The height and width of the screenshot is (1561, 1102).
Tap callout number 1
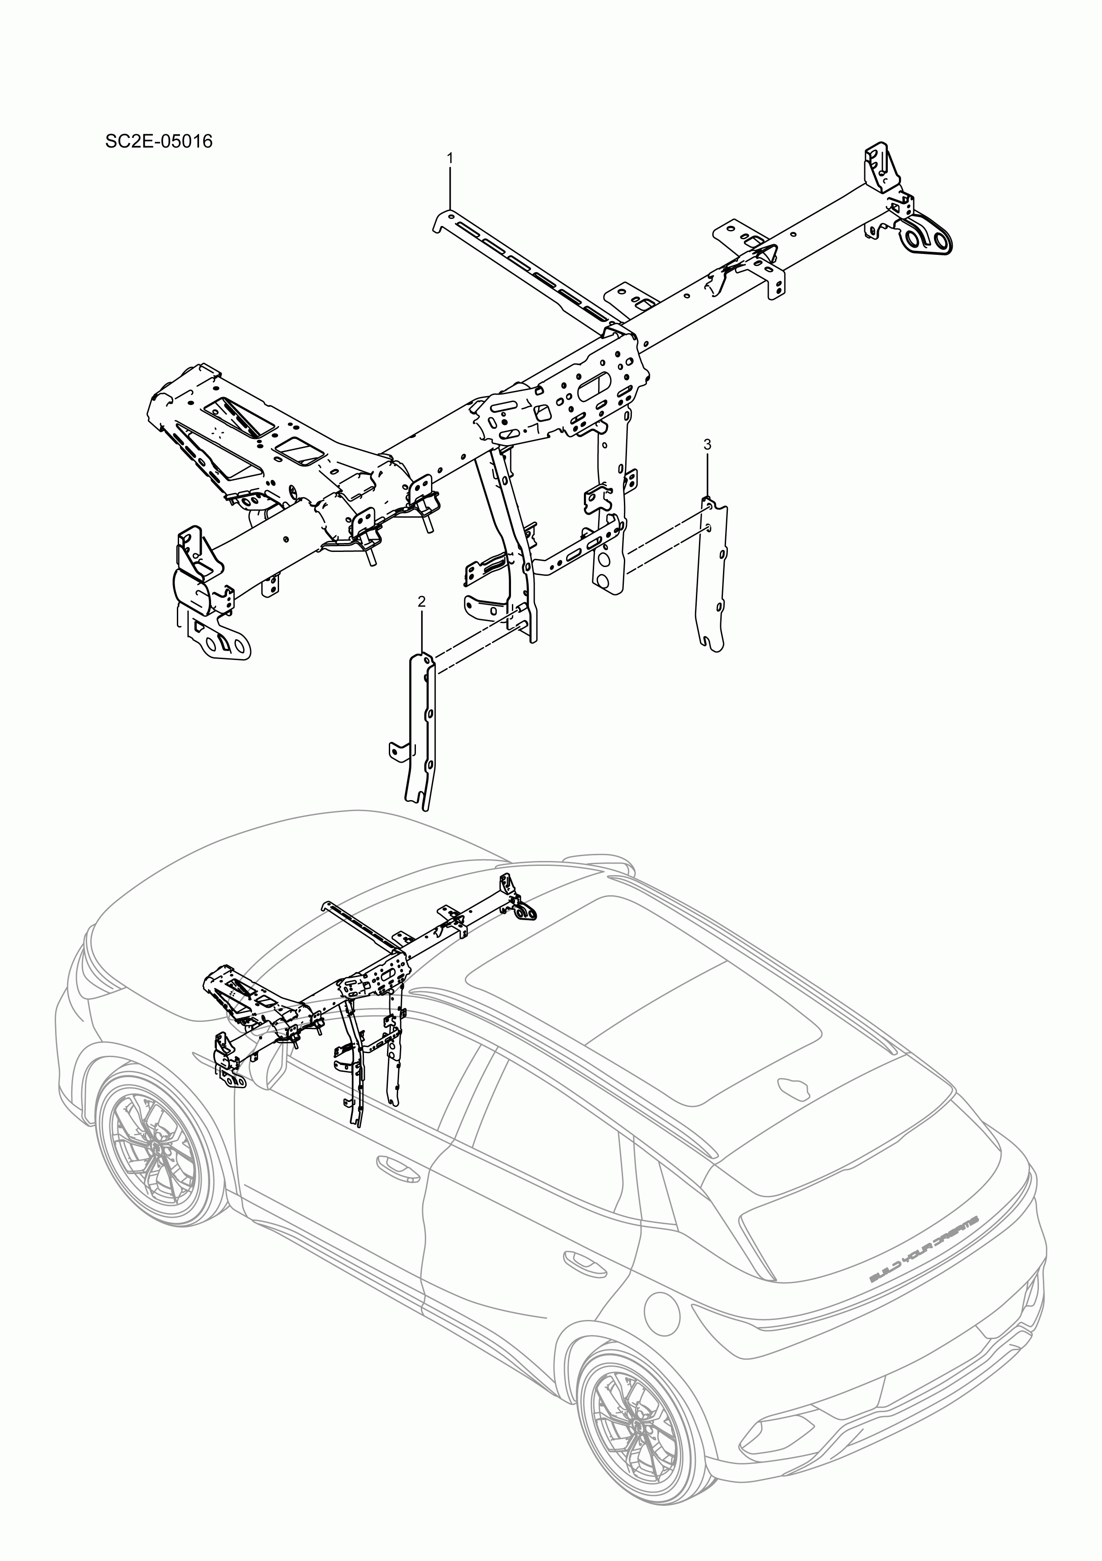point(450,158)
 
